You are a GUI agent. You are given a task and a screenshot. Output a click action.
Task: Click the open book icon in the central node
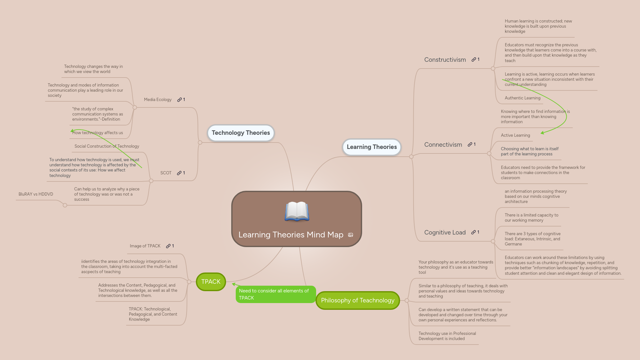[x=297, y=211]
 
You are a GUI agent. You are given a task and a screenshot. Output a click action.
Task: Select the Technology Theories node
[x=241, y=133]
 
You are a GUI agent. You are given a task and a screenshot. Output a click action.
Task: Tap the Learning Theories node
[x=371, y=147]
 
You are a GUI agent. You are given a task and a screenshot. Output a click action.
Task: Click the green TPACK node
[x=211, y=282]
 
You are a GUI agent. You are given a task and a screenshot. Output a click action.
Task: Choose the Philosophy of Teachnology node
[x=358, y=300]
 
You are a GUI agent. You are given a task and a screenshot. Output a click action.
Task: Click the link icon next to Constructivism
[x=474, y=60]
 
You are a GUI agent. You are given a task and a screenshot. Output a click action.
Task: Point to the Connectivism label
[x=443, y=145]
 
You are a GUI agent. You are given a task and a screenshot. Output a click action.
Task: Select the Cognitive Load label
[x=445, y=233]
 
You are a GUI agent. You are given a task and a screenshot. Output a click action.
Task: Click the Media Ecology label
[x=158, y=100]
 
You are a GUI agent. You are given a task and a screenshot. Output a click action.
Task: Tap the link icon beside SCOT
[x=179, y=173]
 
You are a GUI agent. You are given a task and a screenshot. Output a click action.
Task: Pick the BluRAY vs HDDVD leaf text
[x=36, y=194]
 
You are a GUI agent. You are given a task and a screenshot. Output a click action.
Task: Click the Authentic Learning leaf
[x=522, y=98]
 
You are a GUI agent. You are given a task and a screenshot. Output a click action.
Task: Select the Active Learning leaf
[x=515, y=135]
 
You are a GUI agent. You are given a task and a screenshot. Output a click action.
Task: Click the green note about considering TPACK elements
[x=275, y=294]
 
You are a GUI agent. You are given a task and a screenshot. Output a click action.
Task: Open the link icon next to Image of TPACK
[x=168, y=246]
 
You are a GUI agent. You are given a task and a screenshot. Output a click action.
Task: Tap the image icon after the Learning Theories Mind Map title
[x=351, y=235]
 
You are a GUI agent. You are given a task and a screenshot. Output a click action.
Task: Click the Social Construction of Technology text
[x=107, y=146]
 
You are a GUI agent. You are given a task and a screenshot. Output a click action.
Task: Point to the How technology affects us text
[x=97, y=133]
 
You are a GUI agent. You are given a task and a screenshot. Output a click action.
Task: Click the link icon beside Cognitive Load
[x=473, y=232]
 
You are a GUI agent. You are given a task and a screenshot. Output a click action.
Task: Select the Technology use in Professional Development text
[x=447, y=336]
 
